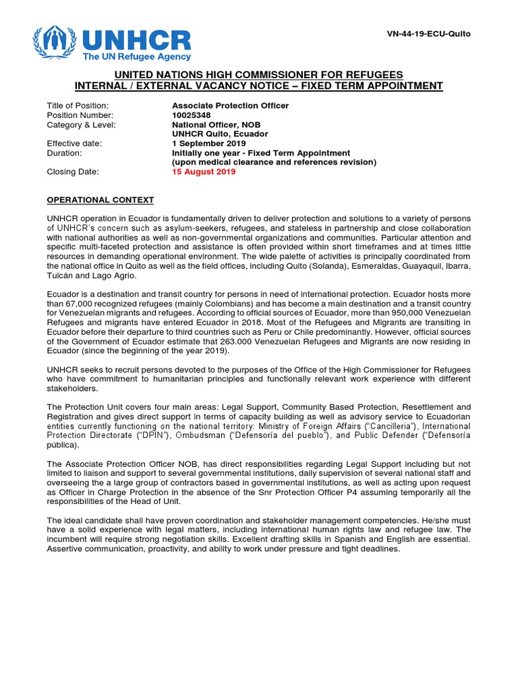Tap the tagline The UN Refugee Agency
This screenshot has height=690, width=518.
[x=137, y=57]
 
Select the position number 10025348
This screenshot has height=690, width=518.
[x=192, y=115]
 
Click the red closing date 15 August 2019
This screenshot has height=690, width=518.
[x=204, y=172]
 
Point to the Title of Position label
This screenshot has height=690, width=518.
[x=78, y=106]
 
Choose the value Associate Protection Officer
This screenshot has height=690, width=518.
[x=230, y=106]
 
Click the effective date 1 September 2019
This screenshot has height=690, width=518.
[x=208, y=144]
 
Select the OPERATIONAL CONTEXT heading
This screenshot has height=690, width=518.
[x=100, y=200]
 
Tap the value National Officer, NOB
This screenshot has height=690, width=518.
[x=216, y=125]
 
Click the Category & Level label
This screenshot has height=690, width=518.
[x=81, y=125]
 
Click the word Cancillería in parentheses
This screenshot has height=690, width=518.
[x=377, y=427]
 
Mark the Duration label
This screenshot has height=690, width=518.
[x=64, y=153]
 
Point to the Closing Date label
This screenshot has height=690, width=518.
[x=73, y=172]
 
